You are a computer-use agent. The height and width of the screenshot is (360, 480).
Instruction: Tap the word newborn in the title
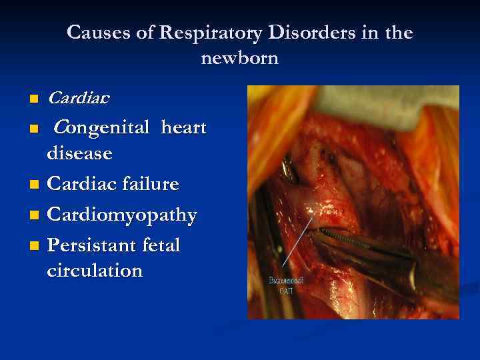coord(239,58)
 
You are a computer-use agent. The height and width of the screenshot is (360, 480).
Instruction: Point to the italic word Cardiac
coord(79,99)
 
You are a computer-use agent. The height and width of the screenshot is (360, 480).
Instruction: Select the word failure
coord(155,183)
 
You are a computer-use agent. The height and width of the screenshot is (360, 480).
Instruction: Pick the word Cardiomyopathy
coord(122,215)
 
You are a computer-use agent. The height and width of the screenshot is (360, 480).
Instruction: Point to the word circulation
coord(95,271)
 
